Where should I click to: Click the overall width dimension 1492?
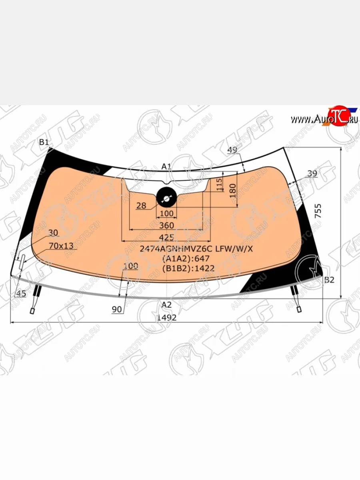(x=167, y=317)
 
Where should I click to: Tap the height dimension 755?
(x=318, y=211)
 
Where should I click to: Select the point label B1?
(x=44, y=142)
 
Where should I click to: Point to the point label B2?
(x=330, y=280)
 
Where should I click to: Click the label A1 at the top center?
(x=166, y=167)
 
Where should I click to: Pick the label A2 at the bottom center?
(x=166, y=304)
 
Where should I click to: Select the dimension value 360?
(x=166, y=225)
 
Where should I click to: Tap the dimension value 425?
(x=166, y=237)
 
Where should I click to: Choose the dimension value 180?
(x=233, y=191)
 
